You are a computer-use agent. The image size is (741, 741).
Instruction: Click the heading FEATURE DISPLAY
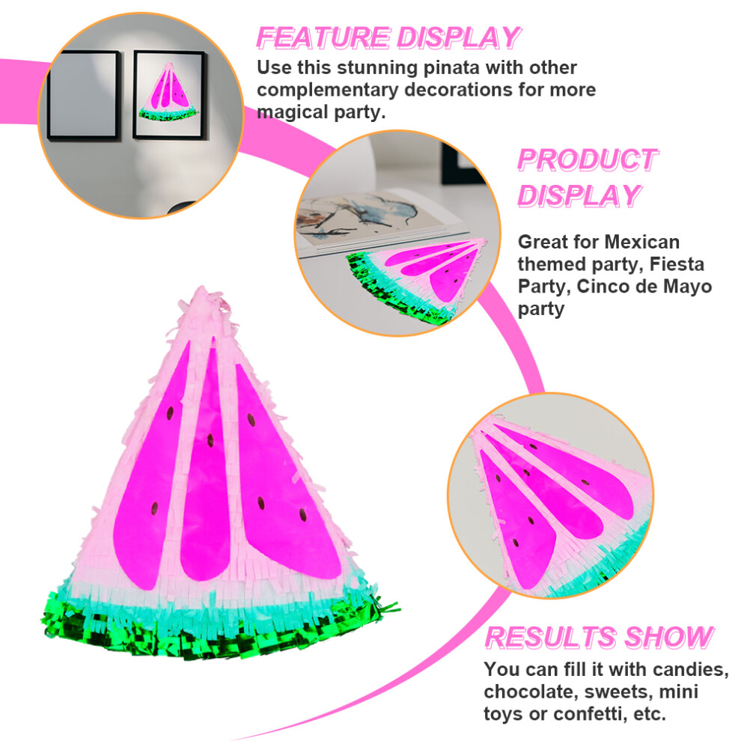click(388, 38)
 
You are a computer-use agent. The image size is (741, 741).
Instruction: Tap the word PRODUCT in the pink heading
click(588, 159)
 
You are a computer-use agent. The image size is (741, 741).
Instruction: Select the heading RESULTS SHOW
click(600, 638)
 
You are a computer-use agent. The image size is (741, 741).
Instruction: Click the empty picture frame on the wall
click(83, 95)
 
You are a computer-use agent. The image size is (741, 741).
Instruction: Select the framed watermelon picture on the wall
click(169, 95)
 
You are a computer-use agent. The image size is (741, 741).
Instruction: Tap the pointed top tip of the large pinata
click(202, 287)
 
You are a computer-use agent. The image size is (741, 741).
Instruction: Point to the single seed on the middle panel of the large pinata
click(210, 440)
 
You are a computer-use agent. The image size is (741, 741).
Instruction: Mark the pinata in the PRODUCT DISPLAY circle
click(417, 280)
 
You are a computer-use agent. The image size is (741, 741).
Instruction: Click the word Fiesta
click(677, 264)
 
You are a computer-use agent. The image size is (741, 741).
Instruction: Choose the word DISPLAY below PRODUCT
click(579, 196)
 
